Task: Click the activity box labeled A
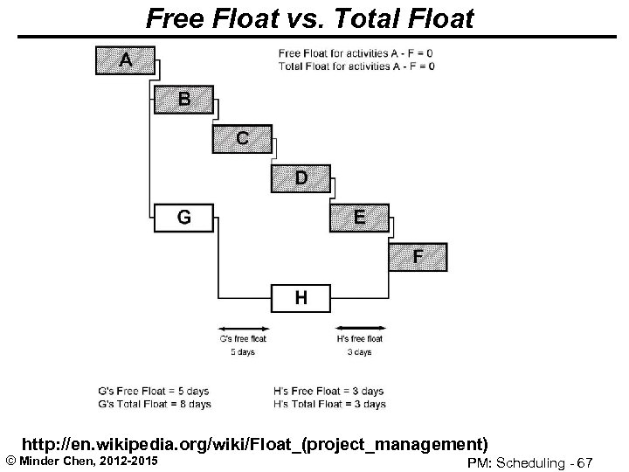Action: coord(125,60)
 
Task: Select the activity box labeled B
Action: coord(183,99)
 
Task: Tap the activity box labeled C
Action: coord(241,138)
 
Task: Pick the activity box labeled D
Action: coord(301,178)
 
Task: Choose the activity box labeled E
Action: coord(359,218)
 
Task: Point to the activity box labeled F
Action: coord(418,257)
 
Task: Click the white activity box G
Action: coord(183,218)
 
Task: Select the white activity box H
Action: coord(301,298)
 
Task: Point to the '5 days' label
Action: coord(243,352)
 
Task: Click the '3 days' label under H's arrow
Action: coord(359,352)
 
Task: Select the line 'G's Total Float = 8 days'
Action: coord(154,405)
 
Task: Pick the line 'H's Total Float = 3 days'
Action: coord(329,405)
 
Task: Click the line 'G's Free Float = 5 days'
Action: coord(154,391)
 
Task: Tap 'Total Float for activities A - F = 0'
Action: coord(356,66)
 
